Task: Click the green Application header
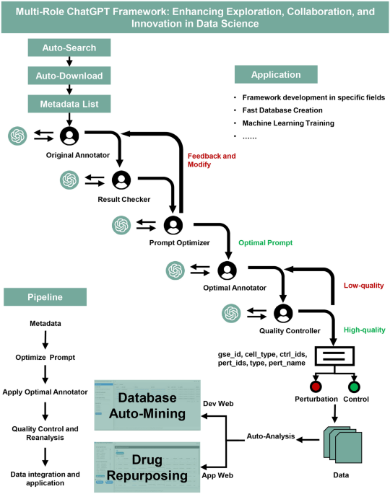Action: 275,74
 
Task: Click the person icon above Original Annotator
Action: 69,135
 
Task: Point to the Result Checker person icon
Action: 121,179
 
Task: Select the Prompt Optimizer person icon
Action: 173,225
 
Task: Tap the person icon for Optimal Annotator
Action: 227,270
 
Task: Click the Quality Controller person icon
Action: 283,313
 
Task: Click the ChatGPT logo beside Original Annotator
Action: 17,135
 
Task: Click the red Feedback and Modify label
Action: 211,159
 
